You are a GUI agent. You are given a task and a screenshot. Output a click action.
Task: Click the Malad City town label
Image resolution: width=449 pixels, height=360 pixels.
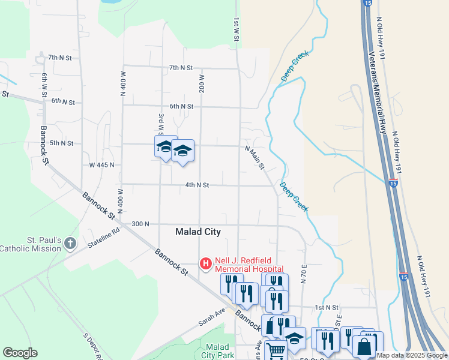pyautogui.click(x=198, y=232)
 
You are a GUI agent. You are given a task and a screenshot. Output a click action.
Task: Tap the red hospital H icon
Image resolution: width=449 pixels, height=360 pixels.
pyautogui.click(x=206, y=263)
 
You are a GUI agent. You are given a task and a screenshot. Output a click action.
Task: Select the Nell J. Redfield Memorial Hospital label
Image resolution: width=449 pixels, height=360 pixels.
pyautogui.click(x=249, y=263)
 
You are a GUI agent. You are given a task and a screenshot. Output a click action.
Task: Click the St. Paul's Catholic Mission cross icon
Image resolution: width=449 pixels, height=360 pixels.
pyautogui.click(x=70, y=244)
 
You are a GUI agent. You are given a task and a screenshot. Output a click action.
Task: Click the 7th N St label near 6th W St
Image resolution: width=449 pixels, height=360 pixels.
pyautogui.click(x=61, y=58)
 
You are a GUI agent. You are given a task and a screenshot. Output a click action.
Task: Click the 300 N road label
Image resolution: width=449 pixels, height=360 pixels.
pyautogui.click(x=140, y=224)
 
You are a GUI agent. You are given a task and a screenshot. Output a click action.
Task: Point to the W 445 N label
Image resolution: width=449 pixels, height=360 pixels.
pyautogui.click(x=101, y=164)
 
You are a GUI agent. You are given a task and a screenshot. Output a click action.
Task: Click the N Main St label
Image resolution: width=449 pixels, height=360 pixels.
pyautogui.click(x=255, y=157)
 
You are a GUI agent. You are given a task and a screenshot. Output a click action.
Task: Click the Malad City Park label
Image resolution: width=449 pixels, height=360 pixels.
pyautogui.click(x=217, y=351)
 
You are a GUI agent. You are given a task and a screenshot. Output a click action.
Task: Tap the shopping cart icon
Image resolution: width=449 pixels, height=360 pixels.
pyautogui.click(x=276, y=349)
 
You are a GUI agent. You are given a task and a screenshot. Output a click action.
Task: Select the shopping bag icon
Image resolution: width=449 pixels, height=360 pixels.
pyautogui.click(x=364, y=346)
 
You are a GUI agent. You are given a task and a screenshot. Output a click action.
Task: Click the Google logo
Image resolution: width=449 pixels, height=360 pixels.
pyautogui.click(x=20, y=353)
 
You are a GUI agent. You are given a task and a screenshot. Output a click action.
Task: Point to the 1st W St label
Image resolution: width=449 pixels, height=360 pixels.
pyautogui.click(x=237, y=29)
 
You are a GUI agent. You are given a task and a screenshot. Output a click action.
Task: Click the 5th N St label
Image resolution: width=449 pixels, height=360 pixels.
pyautogui.click(x=61, y=143)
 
